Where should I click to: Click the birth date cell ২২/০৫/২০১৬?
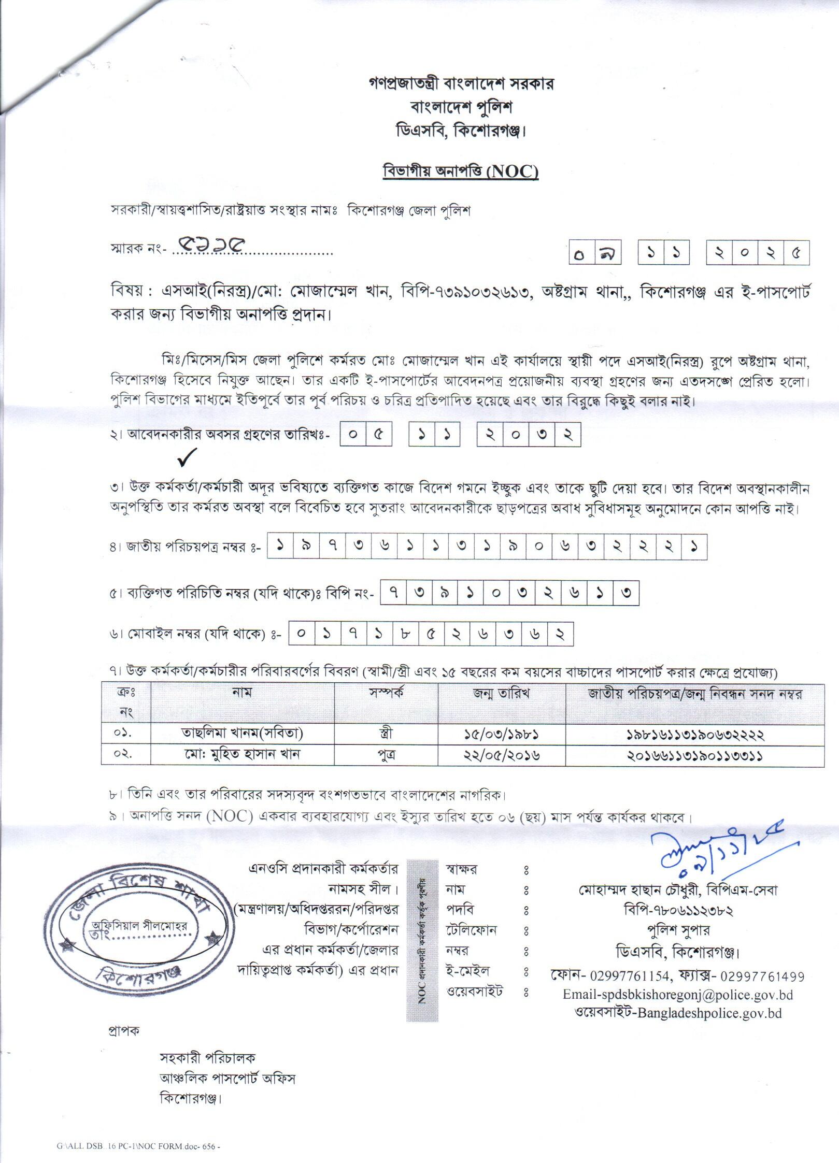tap(501, 755)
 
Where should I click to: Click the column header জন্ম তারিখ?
tap(501, 694)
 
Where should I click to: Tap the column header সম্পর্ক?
tap(386, 694)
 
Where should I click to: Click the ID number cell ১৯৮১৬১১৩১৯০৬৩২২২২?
tap(694, 734)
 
